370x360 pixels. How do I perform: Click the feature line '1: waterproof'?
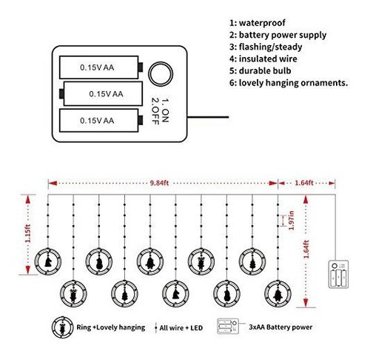click(258, 23)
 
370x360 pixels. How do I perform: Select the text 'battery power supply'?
click(283, 36)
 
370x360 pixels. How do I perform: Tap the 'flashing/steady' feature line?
click(266, 47)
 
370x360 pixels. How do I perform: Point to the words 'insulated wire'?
click(268, 59)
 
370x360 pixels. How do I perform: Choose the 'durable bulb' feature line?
click(260, 71)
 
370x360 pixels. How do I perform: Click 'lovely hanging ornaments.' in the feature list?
click(294, 83)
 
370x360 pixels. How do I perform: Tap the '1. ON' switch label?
click(165, 110)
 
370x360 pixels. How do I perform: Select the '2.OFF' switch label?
click(155, 111)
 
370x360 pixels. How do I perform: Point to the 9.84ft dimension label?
click(159, 183)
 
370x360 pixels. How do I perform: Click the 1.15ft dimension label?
click(28, 233)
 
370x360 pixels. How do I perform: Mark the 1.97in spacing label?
click(292, 221)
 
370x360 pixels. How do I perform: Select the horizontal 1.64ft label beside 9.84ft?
click(304, 183)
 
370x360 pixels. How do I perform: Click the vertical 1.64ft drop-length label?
click(306, 249)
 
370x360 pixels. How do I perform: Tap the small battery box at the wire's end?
click(338, 274)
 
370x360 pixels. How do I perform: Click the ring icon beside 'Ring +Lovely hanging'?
click(62, 327)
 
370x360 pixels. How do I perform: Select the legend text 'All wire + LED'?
click(181, 328)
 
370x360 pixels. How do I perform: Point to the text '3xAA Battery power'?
click(280, 327)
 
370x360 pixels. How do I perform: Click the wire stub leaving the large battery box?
click(208, 117)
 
